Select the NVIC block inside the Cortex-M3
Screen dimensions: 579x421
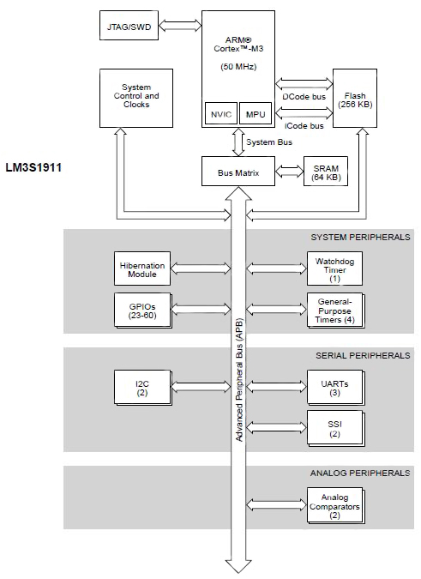click(220, 114)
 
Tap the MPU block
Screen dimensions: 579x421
click(256, 114)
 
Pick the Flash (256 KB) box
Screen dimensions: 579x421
click(356, 99)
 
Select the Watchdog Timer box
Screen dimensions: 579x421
click(334, 269)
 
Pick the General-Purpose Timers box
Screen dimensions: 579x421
click(334, 310)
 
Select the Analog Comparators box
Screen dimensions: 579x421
click(334, 506)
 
